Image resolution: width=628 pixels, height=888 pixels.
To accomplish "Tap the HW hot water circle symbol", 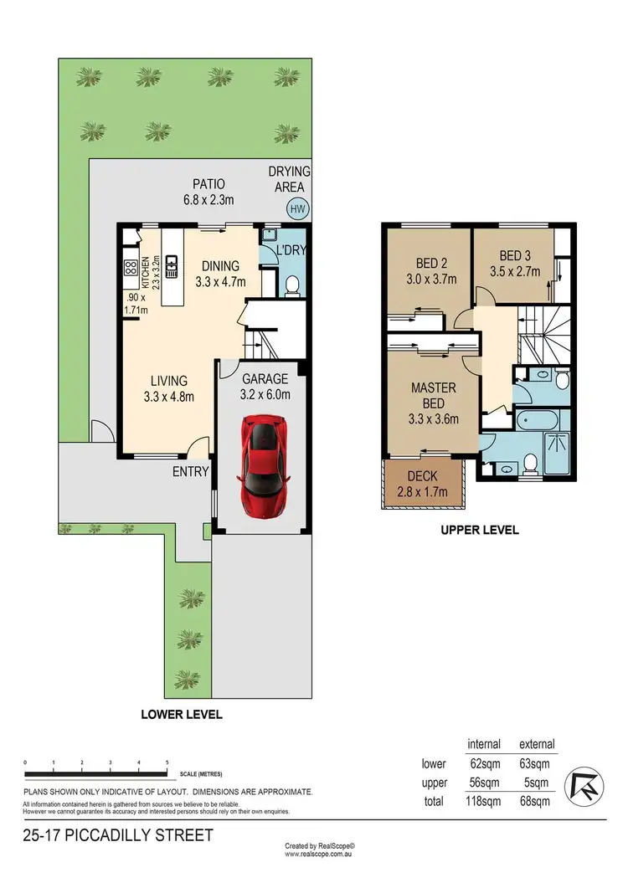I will coord(296,209).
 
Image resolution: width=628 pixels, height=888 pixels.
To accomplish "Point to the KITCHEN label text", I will coord(145,273).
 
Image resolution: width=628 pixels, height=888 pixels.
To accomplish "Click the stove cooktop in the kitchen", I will coord(131,269).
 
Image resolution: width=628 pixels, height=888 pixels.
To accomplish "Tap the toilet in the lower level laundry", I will coord(292,287).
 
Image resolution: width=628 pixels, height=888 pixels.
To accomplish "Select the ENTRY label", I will coord(190,472).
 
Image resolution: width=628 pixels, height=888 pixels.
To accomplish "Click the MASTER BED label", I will coord(433,396).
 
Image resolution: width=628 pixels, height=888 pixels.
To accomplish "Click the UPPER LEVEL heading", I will coord(481,530).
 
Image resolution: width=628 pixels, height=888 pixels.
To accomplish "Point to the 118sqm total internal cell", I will coord(483,802).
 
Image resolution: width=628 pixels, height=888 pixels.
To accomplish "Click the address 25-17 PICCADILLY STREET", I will coord(118,835).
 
